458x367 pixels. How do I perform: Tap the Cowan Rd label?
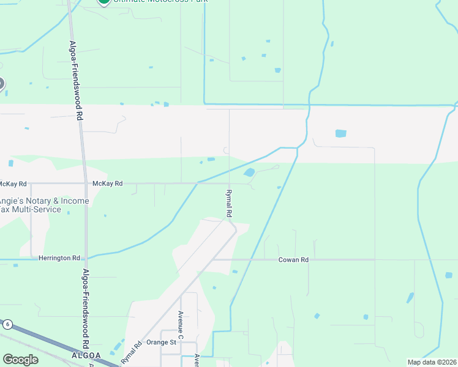coord(293,260)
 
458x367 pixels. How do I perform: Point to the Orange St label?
coord(161,343)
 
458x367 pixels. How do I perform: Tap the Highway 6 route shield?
coord(7,324)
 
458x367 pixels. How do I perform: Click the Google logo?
coord(20,360)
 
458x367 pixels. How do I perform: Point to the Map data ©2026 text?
coord(432,362)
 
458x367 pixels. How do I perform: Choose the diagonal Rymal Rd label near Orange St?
coord(132,352)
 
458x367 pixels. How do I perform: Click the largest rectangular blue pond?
coord(340,133)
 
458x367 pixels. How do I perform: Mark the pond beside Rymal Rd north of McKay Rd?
coord(249,172)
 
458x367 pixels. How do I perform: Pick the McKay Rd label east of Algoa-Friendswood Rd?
coord(107,183)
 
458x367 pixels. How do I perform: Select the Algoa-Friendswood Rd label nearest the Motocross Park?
coord(75,80)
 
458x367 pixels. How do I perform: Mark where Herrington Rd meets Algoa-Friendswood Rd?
coord(85,259)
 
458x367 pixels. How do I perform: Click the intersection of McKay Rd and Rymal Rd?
coord(229,183)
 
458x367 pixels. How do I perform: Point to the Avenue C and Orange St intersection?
coord(181,343)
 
